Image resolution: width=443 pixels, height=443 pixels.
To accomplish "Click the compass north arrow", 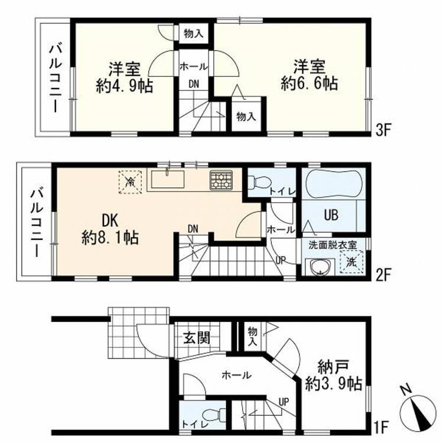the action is coord(419,411).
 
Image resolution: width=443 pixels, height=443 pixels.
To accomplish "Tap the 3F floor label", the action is coord(383,131).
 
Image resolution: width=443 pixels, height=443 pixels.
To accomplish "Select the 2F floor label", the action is coord(383,273).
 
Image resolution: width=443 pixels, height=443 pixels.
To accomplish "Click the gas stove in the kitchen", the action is coord(221,180).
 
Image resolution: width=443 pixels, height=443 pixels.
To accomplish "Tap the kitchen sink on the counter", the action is coord(168,179).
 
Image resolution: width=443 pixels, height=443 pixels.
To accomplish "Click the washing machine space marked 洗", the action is coord(351,262).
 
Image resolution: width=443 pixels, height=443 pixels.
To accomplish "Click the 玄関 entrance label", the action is coord(197,338).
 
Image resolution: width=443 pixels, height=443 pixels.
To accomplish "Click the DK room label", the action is coord(110,221).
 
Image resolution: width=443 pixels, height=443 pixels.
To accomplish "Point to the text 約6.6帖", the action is coord(310,83).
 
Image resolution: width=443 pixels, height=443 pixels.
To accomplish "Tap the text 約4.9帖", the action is coord(124,86).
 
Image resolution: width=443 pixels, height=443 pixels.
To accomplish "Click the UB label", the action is coord(331,215).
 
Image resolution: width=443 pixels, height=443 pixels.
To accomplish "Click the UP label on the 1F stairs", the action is coord(284,401).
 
